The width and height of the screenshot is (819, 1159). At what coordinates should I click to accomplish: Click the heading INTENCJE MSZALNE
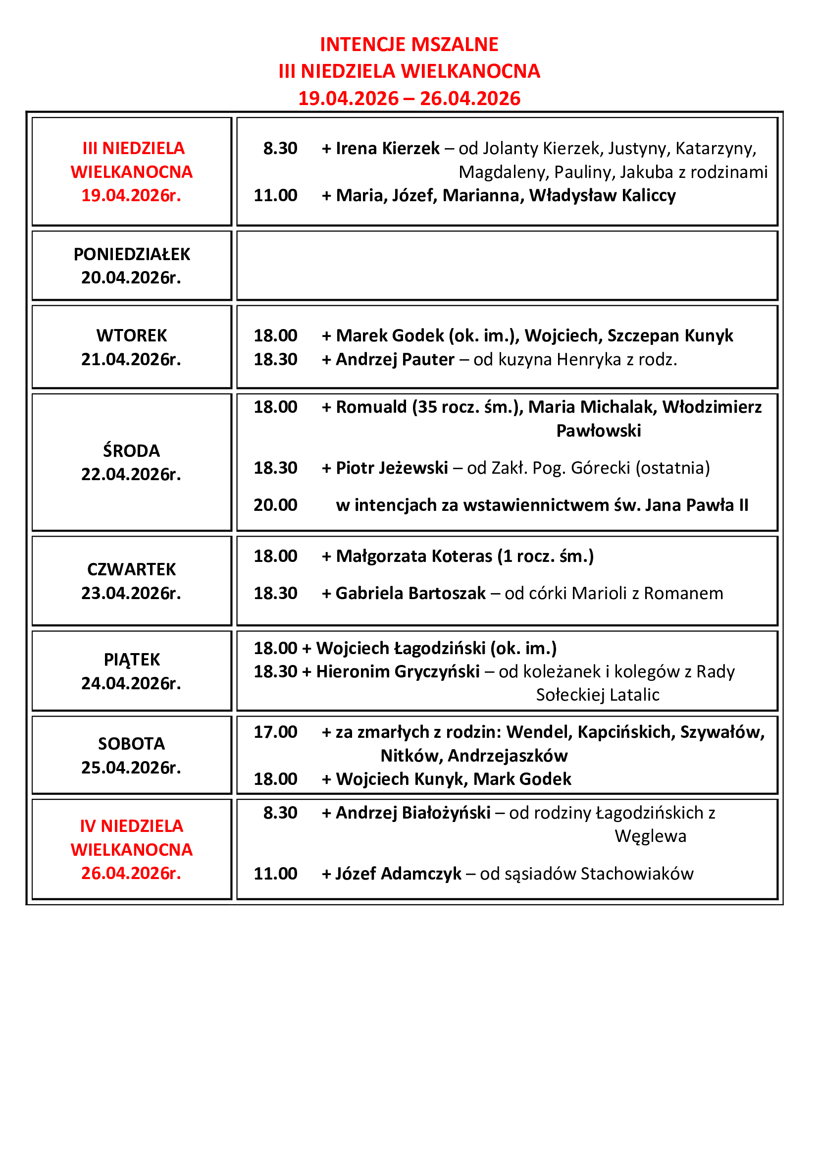(x=409, y=45)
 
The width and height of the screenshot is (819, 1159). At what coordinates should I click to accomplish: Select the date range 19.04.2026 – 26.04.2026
(x=409, y=99)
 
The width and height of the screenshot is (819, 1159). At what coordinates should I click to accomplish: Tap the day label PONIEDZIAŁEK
(x=132, y=254)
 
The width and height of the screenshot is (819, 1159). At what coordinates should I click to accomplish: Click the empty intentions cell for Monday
(x=507, y=266)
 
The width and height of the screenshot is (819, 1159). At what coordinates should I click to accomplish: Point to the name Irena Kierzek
(x=387, y=149)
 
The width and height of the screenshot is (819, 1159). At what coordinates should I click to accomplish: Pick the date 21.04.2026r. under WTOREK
(x=131, y=359)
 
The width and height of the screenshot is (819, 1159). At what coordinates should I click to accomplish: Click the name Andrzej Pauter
(x=395, y=359)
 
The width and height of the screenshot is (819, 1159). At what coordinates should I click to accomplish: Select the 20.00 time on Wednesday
(x=275, y=505)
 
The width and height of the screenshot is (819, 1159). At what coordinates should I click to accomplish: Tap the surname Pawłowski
(x=599, y=431)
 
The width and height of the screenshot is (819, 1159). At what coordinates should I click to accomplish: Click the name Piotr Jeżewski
(x=392, y=468)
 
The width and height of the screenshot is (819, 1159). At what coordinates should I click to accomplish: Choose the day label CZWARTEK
(x=132, y=569)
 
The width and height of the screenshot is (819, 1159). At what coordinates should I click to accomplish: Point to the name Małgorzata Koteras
(x=414, y=556)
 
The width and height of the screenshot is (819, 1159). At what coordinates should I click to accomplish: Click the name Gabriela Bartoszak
(x=410, y=593)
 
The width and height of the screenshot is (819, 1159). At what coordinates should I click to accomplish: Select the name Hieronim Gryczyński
(x=398, y=671)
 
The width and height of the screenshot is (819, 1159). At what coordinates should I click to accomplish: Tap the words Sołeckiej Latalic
(x=598, y=695)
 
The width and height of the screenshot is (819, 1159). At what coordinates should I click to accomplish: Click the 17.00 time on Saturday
(x=275, y=732)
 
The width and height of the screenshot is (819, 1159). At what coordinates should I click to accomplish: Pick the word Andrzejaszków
(x=508, y=756)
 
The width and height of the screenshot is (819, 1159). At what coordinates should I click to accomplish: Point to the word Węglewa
(x=651, y=836)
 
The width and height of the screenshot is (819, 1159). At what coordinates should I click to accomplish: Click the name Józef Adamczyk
(x=399, y=873)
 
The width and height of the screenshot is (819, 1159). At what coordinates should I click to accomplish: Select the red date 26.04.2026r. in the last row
(x=131, y=873)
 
